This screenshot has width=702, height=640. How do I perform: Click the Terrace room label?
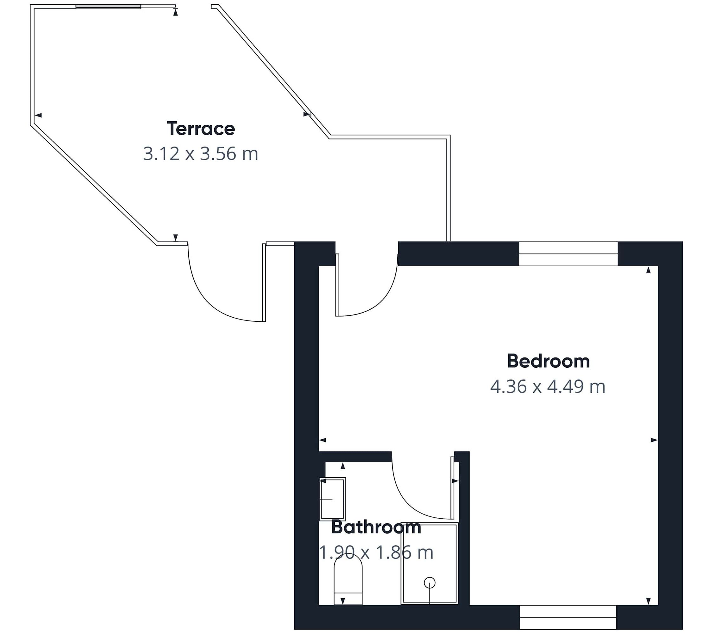[x=201, y=129]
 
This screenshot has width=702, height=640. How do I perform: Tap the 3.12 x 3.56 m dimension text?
[x=201, y=154]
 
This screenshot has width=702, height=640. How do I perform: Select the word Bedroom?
[x=548, y=361]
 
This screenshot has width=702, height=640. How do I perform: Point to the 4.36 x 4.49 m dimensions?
[x=548, y=386]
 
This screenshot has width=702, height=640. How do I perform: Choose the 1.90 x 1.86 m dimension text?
[x=376, y=552]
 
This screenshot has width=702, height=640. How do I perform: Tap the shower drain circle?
[x=430, y=583]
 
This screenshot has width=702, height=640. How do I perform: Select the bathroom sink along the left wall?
[x=333, y=499]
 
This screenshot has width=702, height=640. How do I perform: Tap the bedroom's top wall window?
[x=568, y=254]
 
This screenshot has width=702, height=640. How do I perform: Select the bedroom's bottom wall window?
[x=568, y=617]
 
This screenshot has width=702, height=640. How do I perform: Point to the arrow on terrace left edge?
[x=38, y=115]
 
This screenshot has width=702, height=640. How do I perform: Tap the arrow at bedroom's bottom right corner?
[x=648, y=601]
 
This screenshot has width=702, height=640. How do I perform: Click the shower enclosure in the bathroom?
[x=429, y=563]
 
